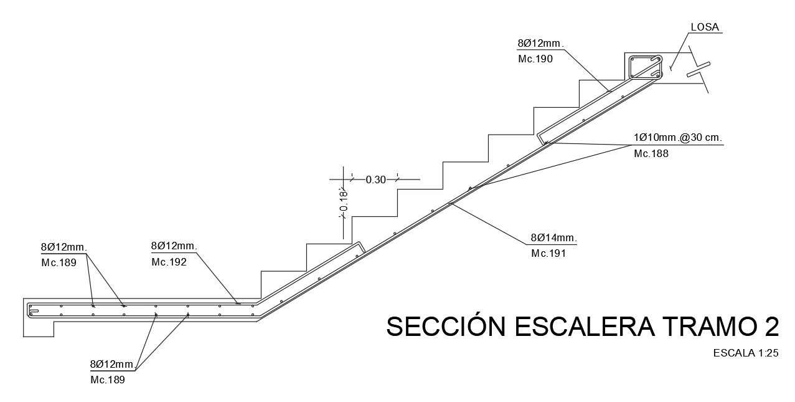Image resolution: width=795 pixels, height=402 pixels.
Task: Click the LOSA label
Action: point(705,27)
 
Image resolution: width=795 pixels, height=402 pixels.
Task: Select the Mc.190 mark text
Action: point(535,59)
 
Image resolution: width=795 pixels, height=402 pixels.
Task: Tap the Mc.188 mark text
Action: point(651,154)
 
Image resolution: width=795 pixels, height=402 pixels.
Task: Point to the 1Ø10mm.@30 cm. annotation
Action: point(678,138)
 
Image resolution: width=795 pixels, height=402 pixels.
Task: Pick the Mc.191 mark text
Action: point(548,254)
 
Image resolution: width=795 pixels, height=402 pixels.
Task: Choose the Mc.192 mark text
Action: point(169,262)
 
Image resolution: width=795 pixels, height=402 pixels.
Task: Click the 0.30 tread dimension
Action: point(376,179)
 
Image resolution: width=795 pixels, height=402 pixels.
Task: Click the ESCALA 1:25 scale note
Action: point(746,353)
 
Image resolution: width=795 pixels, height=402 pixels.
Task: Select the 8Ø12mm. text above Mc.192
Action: point(174,246)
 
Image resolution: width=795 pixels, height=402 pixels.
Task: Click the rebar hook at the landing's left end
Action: point(34,311)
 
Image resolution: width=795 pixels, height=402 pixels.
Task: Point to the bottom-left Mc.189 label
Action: point(108,380)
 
